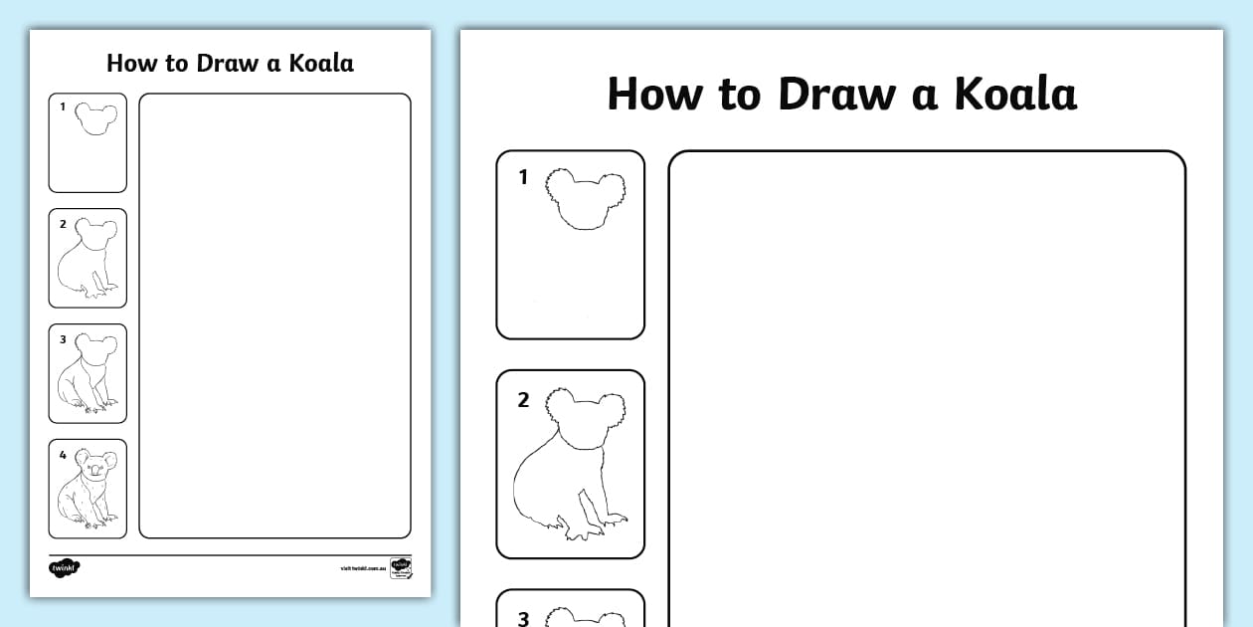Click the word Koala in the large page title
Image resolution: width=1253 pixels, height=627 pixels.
tap(1015, 95)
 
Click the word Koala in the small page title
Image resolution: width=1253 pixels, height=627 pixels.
tap(321, 64)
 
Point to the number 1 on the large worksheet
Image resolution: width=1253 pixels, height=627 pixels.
tap(523, 178)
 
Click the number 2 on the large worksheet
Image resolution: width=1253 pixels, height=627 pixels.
tap(523, 400)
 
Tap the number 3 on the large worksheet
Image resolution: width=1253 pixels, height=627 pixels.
tap(523, 618)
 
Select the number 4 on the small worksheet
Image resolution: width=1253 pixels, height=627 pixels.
tap(63, 455)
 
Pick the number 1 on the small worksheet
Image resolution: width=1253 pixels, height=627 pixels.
tap(63, 106)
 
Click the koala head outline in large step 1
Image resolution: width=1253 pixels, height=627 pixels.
tap(588, 199)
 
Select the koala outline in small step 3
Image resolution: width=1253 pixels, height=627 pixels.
tap(88, 375)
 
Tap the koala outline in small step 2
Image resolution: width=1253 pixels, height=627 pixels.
tap(88, 260)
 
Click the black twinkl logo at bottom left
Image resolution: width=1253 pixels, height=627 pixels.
tap(64, 568)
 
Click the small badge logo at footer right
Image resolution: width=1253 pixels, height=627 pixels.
tap(401, 568)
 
